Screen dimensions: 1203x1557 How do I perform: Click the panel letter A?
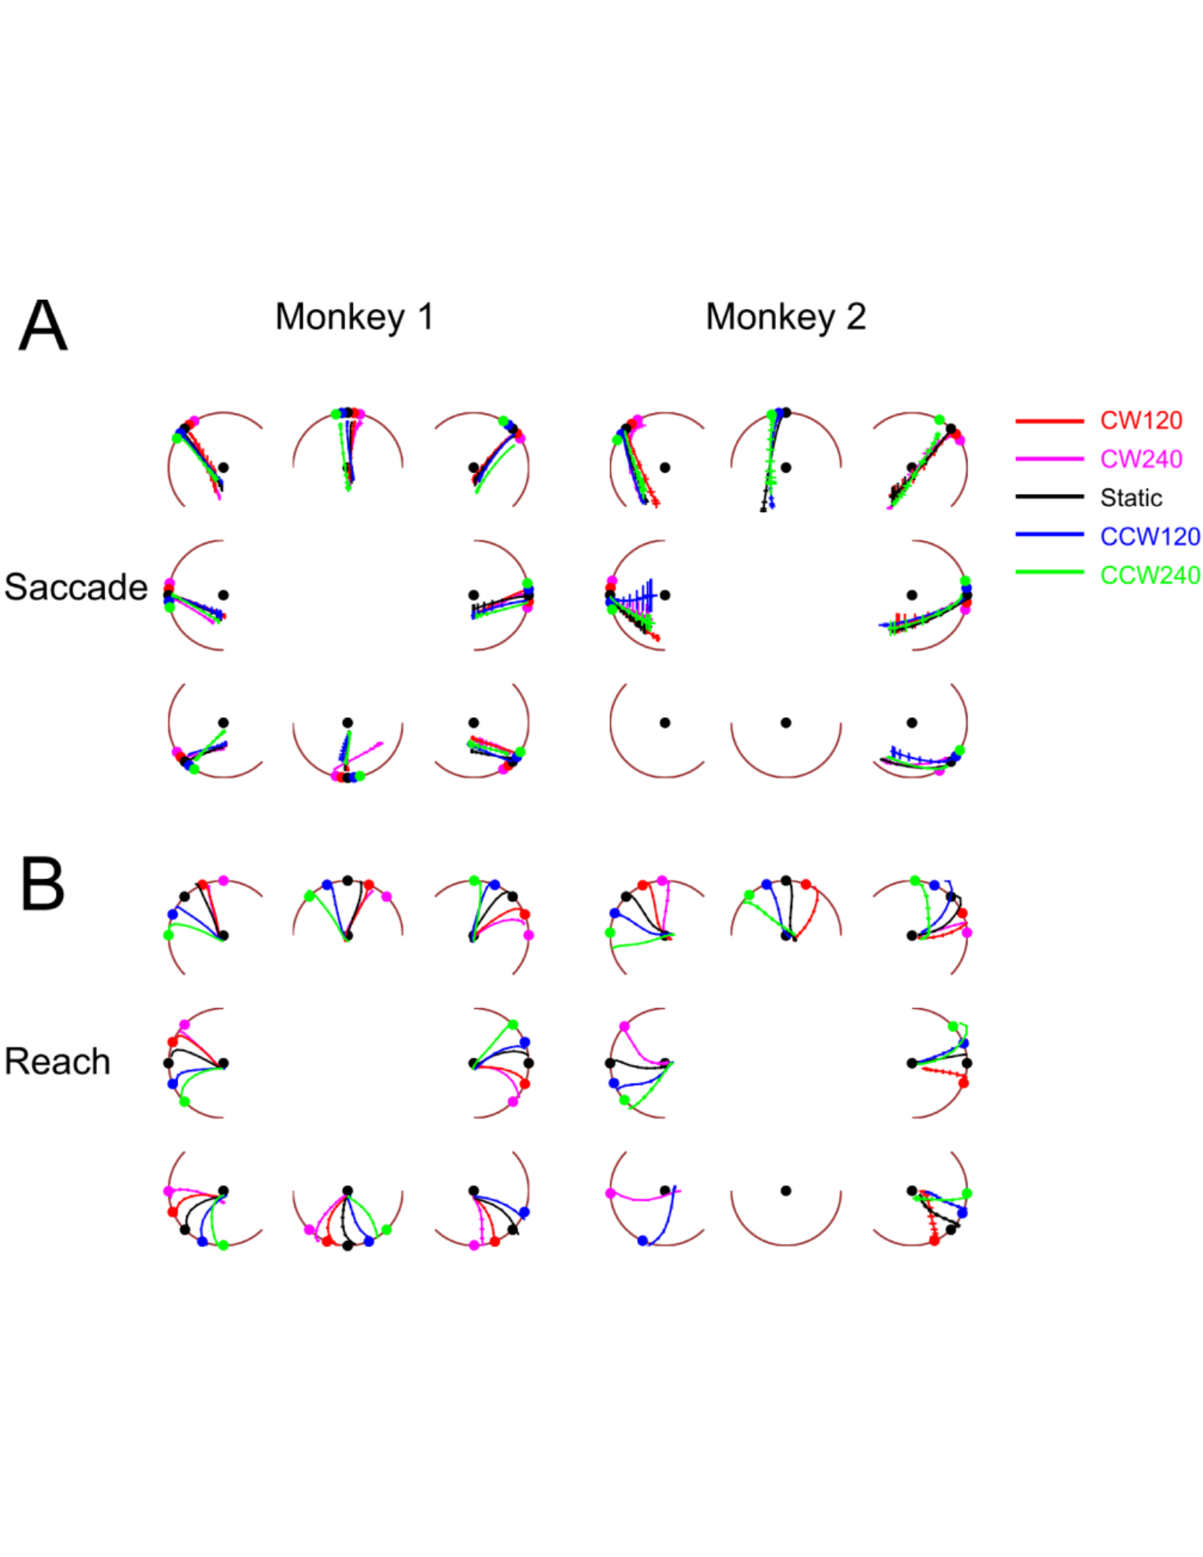43,324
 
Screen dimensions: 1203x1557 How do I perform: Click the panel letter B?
42,883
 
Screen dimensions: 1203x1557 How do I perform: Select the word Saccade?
76,587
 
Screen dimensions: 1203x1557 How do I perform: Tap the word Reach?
57,1061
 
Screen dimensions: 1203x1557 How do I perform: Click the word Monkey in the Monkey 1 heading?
340,318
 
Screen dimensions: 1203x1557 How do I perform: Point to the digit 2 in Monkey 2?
855,317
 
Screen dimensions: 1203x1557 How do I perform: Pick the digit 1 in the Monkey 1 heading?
425,317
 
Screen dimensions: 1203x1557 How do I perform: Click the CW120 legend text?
1141,421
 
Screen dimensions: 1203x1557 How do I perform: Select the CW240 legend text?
1141,459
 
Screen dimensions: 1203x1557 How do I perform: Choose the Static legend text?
1131,498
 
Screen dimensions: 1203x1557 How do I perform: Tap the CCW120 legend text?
1150,536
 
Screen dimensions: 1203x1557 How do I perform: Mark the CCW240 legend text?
1150,575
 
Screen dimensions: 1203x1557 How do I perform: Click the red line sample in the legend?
1050,421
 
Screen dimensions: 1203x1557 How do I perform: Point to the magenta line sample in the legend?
1050,458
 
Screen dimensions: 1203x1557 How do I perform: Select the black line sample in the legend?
1050,496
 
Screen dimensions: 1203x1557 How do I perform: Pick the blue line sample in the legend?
1050,534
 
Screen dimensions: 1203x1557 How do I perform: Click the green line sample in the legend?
1050,572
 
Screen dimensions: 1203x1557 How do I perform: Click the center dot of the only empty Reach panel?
785,1191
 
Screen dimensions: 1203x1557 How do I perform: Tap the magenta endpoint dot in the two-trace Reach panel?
610,1193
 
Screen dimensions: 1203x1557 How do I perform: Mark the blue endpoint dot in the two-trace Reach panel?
642,1241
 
